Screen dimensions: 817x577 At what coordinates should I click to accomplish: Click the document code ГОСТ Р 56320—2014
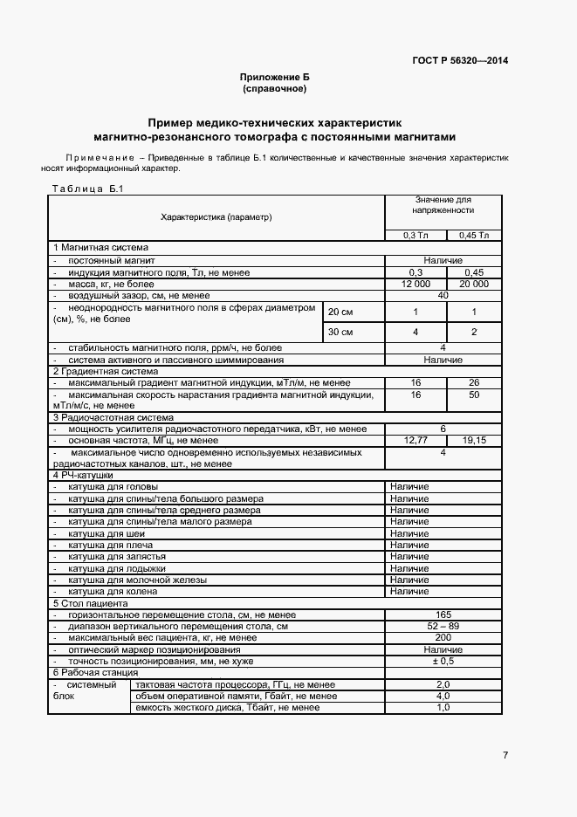(460, 60)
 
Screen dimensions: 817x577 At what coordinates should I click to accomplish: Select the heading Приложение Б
(275, 78)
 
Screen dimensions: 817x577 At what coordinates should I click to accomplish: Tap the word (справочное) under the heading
(275, 89)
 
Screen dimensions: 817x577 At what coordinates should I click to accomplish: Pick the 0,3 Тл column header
(416, 235)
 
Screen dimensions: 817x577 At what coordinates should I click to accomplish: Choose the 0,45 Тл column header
(474, 235)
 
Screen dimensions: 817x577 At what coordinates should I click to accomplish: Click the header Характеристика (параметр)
(216, 216)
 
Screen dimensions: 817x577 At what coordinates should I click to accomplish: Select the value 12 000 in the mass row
(416, 285)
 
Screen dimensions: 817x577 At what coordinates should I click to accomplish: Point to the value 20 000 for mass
(474, 285)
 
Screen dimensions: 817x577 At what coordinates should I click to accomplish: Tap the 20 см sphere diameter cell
(340, 312)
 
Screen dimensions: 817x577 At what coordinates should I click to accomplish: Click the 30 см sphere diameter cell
(340, 333)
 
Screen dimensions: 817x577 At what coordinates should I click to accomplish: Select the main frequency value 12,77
(416, 441)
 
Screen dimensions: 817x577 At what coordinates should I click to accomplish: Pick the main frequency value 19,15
(474, 441)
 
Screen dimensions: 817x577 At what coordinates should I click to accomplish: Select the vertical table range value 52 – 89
(443, 627)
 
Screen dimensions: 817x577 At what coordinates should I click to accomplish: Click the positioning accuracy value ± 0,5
(443, 662)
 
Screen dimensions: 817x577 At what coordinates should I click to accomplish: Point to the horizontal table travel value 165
(443, 615)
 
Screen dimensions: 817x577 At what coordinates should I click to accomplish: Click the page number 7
(505, 755)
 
